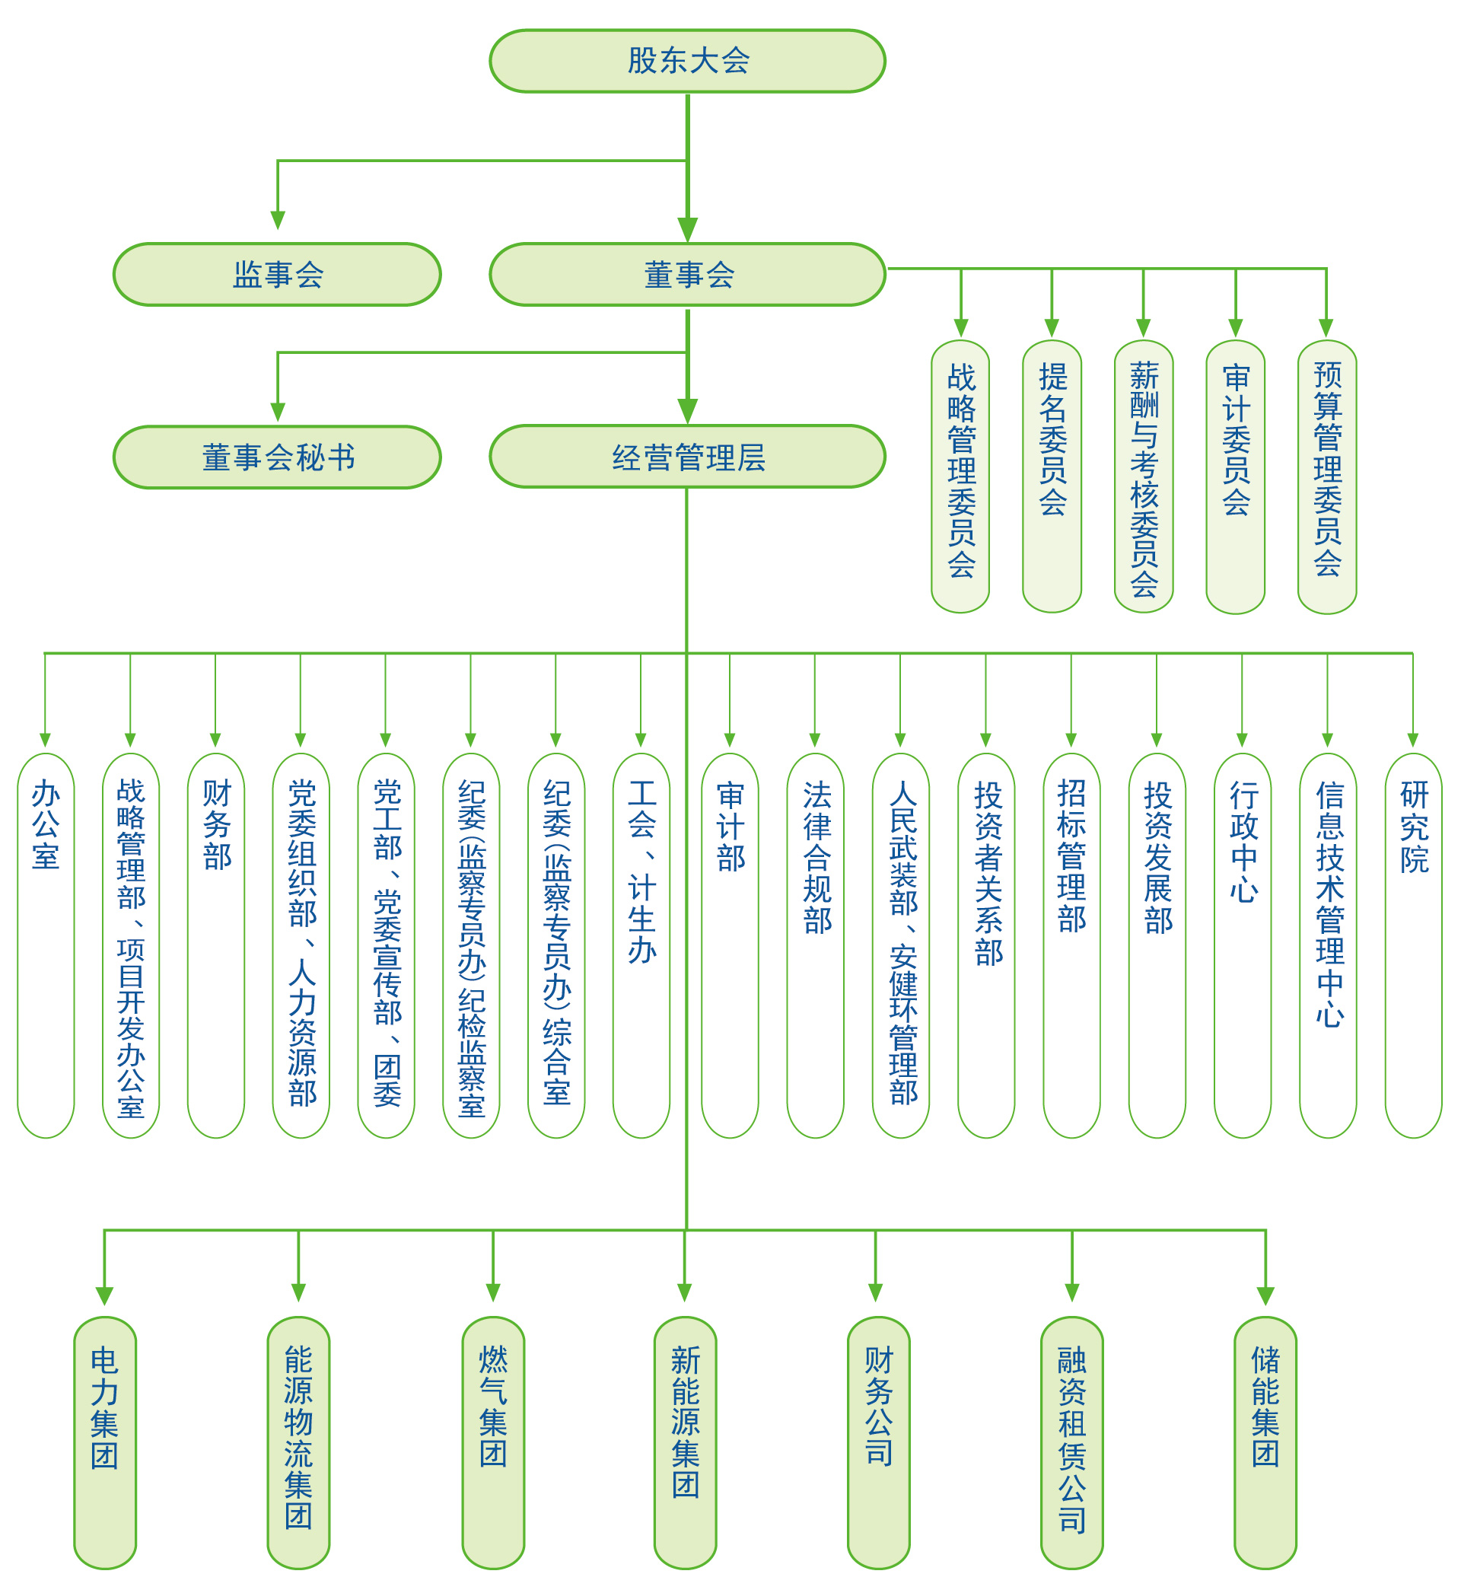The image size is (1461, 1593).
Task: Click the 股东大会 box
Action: [x=687, y=61]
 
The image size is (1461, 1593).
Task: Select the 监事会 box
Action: [x=278, y=274]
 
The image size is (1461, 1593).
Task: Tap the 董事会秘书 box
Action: [x=278, y=457]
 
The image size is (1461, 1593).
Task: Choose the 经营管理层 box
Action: [x=687, y=457]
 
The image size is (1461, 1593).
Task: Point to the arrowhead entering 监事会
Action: [x=278, y=220]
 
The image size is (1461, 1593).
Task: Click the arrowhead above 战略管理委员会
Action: [x=960, y=327]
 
